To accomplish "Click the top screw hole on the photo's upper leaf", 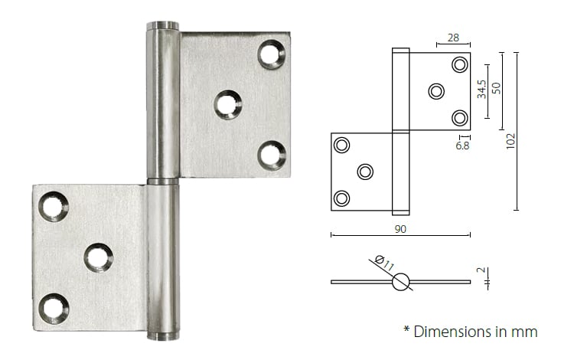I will coord(271,54).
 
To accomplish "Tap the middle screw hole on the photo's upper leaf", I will coord(227,104).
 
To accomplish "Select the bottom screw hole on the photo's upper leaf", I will coord(271,154).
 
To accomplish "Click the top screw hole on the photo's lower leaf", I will coord(54,206).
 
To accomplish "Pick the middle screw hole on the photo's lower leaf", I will coord(98,257).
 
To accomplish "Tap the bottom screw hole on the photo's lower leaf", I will coord(54,308).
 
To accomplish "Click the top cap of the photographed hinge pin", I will coord(162,26).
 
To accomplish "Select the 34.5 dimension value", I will coord(481,90).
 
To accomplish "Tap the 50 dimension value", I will coord(496,87).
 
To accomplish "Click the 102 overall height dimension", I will coord(511,140).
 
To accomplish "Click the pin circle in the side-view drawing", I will coord(401,282).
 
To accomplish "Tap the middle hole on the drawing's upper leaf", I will coord(435,92).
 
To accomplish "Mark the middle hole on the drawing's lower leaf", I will coord(365,172).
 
